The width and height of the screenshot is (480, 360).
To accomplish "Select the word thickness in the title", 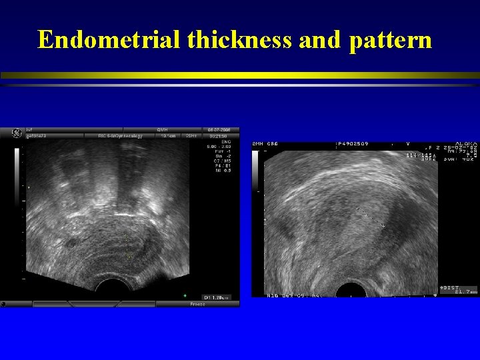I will click(239, 40).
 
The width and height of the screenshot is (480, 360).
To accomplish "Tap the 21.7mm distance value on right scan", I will click(464, 291).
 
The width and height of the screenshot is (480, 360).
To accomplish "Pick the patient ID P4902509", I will click(353, 143).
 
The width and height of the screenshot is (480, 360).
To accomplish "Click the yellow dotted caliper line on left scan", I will click(127, 244).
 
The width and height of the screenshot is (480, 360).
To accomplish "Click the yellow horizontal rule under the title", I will click(240, 75).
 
